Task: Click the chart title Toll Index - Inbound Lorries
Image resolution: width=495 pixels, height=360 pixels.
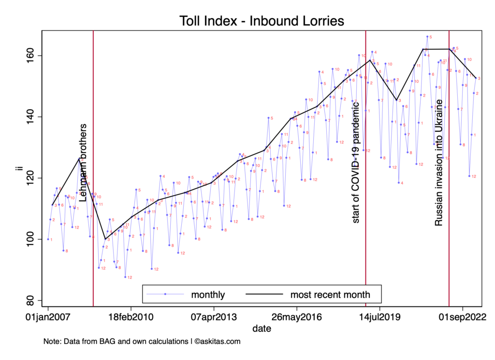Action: (x=262, y=21)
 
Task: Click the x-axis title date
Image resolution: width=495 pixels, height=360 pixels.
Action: (x=262, y=329)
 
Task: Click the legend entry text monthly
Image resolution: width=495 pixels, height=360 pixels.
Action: (x=208, y=294)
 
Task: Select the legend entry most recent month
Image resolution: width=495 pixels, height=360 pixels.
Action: (x=330, y=294)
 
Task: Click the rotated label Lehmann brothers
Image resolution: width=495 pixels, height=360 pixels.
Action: (x=83, y=162)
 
